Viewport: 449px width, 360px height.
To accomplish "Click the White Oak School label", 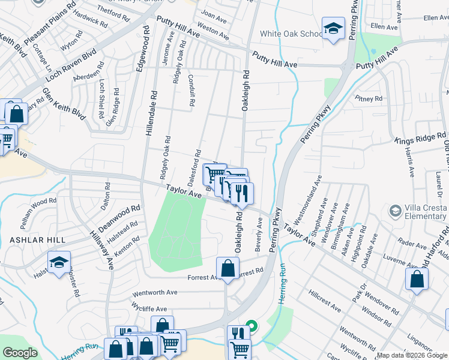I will coord(291,34).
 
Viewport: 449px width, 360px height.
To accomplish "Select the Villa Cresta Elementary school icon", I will coord(395,211).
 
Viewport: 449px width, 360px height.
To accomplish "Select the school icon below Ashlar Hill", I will coord(59,262).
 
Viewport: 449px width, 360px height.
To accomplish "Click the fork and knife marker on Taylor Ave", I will coord(242,193).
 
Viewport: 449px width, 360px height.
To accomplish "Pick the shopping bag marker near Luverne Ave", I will coord(417,278).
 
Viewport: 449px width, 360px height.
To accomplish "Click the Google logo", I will coord(20,353).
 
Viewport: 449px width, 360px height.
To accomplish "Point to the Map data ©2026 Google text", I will coord(412,355).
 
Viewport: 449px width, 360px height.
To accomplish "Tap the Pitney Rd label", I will coord(369,98).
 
